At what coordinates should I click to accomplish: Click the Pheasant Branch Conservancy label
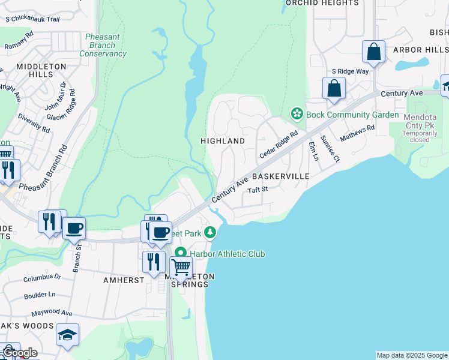[103, 45]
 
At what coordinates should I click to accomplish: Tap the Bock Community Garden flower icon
[296, 113]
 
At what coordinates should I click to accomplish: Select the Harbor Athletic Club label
[228, 254]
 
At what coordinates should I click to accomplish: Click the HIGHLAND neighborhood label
[223, 141]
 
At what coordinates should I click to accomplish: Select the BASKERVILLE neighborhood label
[280, 176]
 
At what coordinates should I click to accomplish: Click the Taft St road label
[257, 190]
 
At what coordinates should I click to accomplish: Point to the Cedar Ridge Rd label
[279, 146]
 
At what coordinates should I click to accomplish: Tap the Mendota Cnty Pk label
[420, 125]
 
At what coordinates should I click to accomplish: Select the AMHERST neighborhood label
[123, 280]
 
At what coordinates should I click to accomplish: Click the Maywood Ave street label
[52, 313]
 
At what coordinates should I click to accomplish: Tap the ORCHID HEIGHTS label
[322, 3]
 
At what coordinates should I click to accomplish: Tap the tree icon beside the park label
[210, 232]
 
